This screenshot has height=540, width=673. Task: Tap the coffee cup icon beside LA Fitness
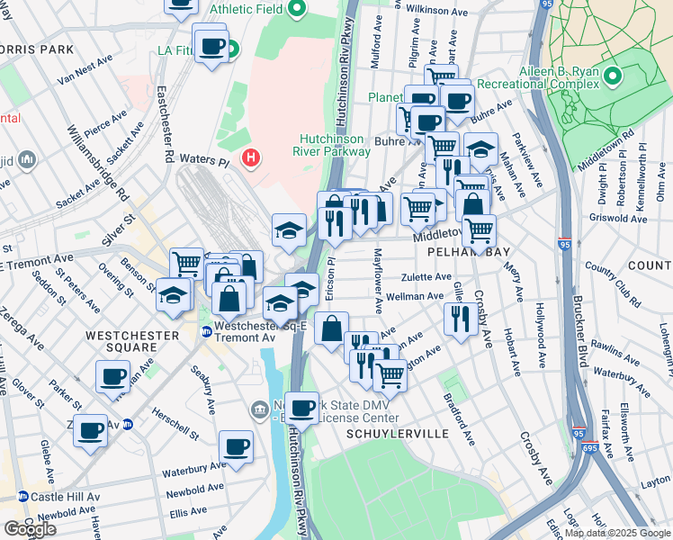pyautogui.click(x=212, y=47)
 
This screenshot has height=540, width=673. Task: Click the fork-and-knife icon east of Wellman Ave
pyautogui.click(x=460, y=318)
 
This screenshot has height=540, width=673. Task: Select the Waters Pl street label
pyautogui.click(x=204, y=159)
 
